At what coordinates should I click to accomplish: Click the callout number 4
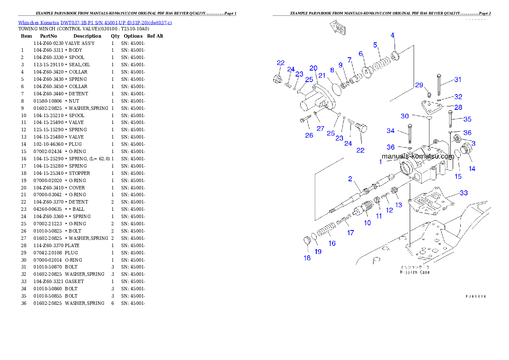pyautogui.click(x=392, y=35)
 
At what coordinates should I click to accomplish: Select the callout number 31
pyautogui.click(x=458, y=79)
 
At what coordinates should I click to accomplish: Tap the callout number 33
pyautogui.click(x=464, y=192)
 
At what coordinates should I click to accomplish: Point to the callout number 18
pyautogui.click(x=307, y=258)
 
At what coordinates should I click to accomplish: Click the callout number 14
pyautogui.click(x=472, y=168)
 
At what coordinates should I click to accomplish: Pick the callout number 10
pyautogui.click(x=367, y=223)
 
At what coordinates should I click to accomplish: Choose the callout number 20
pyautogui.click(x=314, y=68)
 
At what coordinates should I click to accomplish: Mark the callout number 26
pyautogui.click(x=309, y=135)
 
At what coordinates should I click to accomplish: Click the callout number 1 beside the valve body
pyautogui.click(x=380, y=162)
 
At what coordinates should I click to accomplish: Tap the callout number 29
pyautogui.click(x=419, y=85)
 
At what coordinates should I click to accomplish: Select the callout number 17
pyautogui.click(x=350, y=233)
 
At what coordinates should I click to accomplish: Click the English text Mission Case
pyautogui.click(x=415, y=272)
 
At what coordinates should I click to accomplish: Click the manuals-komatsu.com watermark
pyautogui.click(x=417, y=156)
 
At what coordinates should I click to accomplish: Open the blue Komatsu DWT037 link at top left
pyautogui.click(x=95, y=22)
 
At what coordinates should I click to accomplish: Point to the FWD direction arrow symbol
pyautogui.click(x=338, y=29)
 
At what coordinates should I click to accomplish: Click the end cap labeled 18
pyautogui.click(x=306, y=241)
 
